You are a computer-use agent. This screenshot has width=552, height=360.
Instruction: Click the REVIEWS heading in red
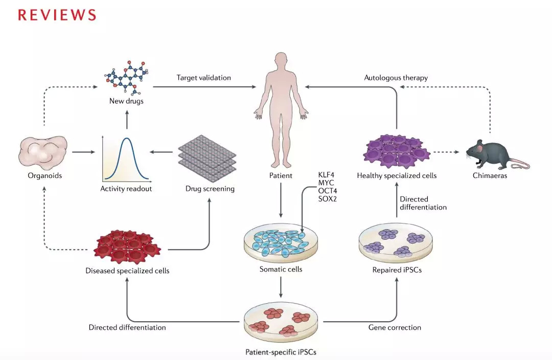(x=57, y=15)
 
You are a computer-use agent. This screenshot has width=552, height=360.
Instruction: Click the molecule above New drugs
(x=127, y=78)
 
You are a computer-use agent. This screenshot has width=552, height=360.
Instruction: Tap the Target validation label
(x=203, y=78)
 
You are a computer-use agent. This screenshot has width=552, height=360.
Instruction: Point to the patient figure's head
(x=281, y=60)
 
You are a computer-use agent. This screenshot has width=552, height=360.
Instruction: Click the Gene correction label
(x=395, y=327)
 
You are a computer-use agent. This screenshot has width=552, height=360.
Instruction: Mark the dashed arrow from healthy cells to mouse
(x=448, y=152)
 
